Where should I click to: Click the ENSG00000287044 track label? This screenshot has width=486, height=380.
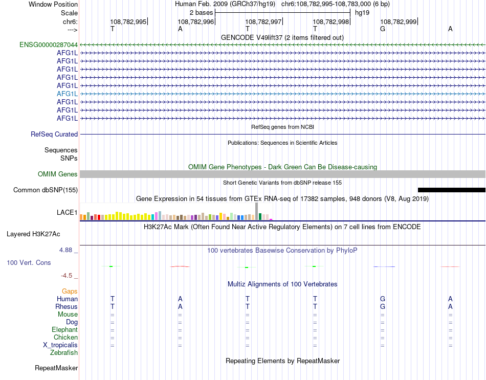(x=49, y=44)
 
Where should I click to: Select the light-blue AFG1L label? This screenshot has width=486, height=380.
(x=67, y=94)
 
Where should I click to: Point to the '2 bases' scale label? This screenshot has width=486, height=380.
(x=201, y=12)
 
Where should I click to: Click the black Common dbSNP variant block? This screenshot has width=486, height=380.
(x=451, y=190)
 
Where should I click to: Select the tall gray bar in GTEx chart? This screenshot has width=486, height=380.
(x=256, y=210)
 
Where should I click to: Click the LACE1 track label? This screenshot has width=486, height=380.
(x=67, y=212)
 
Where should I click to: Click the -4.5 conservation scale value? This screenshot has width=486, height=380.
(x=68, y=276)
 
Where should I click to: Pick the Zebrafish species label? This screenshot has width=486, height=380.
(x=64, y=353)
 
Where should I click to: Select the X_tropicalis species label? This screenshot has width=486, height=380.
(x=60, y=345)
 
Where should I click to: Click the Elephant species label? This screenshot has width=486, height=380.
(x=64, y=330)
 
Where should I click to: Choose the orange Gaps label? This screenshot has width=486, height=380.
(x=70, y=291)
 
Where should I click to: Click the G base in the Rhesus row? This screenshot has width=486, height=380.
(x=382, y=306)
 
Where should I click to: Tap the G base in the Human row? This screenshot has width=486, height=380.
(x=382, y=299)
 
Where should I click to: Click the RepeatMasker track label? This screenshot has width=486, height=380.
(x=56, y=368)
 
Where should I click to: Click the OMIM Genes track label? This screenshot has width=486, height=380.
(x=58, y=174)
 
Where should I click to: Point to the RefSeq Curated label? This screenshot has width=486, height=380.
(x=54, y=134)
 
